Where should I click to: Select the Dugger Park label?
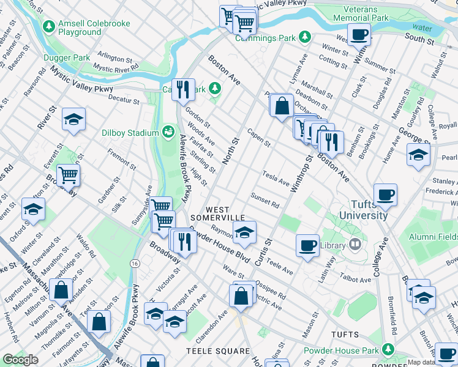(x=67, y=58)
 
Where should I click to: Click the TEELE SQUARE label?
(x=218, y=351)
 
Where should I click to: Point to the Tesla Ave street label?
(x=276, y=178)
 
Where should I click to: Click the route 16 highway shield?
(x=133, y=262)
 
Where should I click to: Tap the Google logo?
(x=20, y=360)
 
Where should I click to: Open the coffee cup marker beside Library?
(x=307, y=245)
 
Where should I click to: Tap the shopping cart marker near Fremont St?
(x=69, y=176)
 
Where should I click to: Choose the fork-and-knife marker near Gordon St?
(x=183, y=91)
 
